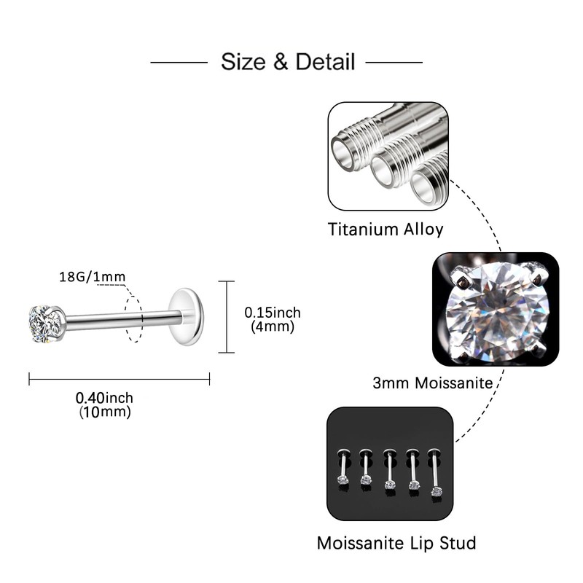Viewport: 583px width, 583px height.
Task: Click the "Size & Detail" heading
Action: click(287, 61)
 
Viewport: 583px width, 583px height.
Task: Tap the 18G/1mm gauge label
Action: click(92, 276)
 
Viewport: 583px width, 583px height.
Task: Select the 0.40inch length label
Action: click(104, 399)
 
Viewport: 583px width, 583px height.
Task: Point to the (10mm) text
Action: click(104, 412)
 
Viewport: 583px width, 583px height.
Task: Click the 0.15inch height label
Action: click(272, 313)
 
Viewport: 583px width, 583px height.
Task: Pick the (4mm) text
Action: click(272, 326)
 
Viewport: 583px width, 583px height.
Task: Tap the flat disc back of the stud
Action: click(187, 316)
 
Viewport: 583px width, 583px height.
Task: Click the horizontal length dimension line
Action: click(119, 379)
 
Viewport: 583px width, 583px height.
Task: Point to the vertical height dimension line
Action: click(226, 316)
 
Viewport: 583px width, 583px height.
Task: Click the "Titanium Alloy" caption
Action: click(386, 230)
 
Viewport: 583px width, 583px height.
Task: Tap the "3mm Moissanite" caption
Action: click(432, 382)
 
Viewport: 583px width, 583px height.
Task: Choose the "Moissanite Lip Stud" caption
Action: click(396, 543)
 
